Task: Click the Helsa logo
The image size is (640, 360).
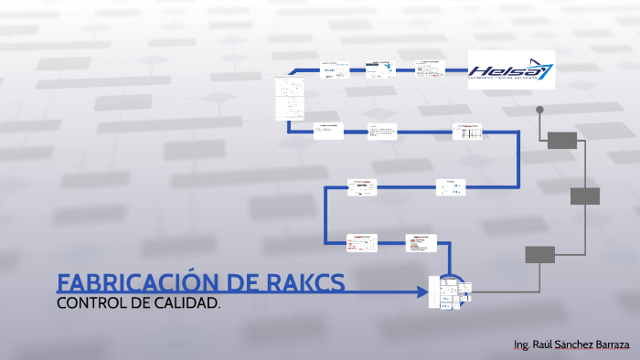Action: pyautogui.click(x=511, y=70)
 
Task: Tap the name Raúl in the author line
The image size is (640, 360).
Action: pyautogui.click(x=541, y=345)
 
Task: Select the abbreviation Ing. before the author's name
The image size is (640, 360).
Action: pyautogui.click(x=522, y=345)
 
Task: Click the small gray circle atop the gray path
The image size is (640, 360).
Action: pyautogui.click(x=539, y=110)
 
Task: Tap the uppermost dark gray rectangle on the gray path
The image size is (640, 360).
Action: pyautogui.click(x=562, y=140)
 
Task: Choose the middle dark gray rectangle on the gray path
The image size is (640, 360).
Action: pyautogui.click(x=585, y=196)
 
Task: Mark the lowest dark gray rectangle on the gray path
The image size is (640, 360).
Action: pyautogui.click(x=540, y=255)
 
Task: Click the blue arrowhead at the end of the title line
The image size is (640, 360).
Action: pyautogui.click(x=421, y=292)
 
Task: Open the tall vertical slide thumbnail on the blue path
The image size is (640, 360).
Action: pyautogui.click(x=289, y=99)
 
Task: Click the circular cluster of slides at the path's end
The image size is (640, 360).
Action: pyautogui.click(x=450, y=292)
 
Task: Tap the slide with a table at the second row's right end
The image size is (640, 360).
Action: pyautogui.click(x=467, y=132)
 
